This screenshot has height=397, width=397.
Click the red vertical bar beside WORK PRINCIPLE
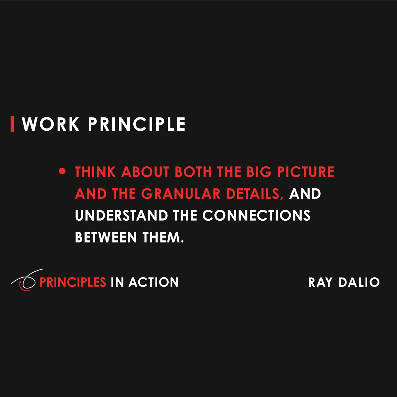[x=12, y=124]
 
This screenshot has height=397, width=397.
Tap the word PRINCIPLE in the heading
[x=137, y=124]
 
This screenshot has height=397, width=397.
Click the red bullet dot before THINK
[x=62, y=171]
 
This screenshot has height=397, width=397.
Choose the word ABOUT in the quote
[x=145, y=172]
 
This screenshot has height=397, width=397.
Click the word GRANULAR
[x=181, y=194]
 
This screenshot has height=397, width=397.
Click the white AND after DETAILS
[x=305, y=194]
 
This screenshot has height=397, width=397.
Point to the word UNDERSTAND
[x=121, y=216]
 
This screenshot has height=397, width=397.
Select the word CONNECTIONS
[x=256, y=216]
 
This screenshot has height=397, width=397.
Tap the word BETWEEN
[x=106, y=238]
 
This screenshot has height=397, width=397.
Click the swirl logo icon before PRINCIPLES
[x=26, y=281]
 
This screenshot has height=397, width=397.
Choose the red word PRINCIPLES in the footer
[x=73, y=282]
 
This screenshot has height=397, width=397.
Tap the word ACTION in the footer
[x=154, y=282]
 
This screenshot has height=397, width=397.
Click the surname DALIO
[x=359, y=282]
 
